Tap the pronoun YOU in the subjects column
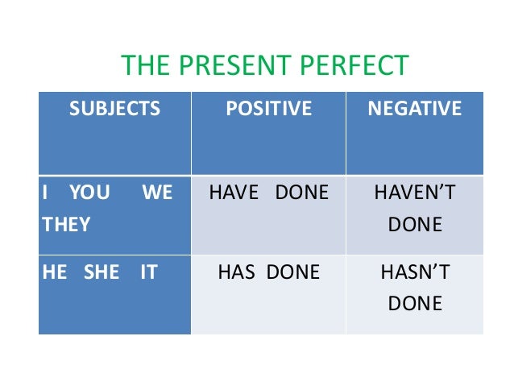coord(89,194)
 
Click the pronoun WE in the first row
coord(157,194)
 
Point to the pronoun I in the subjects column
coord(45,194)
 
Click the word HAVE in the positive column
coord(234,194)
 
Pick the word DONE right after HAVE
coord(301,194)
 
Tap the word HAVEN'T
coord(415,194)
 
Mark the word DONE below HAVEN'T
coord(415,225)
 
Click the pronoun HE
coord(55,272)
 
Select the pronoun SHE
coord(101,272)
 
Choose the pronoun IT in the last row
coord(148,272)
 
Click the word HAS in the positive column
coord(235,272)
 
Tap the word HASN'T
coord(415,272)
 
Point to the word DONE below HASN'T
coord(415,303)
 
